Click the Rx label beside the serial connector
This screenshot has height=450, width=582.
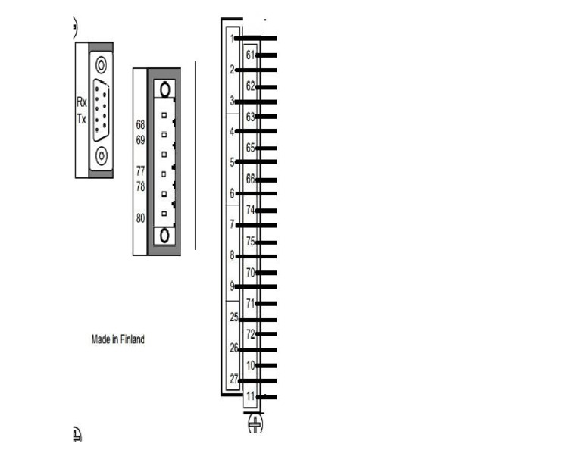click(x=82, y=102)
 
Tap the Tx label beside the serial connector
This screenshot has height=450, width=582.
click(x=81, y=119)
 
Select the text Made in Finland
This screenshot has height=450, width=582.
click(x=117, y=339)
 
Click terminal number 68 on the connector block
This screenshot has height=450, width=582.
click(x=140, y=125)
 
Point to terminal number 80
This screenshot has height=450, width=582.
click(x=140, y=218)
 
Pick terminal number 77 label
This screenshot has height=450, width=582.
click(x=140, y=171)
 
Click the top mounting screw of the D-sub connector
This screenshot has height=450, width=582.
click(x=101, y=65)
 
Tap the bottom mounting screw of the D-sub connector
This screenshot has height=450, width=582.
click(x=102, y=155)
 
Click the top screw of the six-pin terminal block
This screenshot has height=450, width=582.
click(x=164, y=89)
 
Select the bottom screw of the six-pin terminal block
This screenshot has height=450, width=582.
click(x=164, y=236)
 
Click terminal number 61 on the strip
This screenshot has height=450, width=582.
click(x=251, y=55)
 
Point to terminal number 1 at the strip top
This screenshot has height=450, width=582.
click(x=233, y=39)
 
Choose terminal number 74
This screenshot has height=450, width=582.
click(x=251, y=210)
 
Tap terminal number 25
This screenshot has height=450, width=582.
click(x=234, y=317)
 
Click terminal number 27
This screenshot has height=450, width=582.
click(x=234, y=379)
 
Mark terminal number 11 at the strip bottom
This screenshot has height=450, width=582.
click(x=251, y=396)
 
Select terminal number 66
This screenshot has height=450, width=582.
click(x=251, y=180)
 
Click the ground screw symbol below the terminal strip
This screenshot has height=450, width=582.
click(x=255, y=423)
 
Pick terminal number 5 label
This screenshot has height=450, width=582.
click(x=232, y=162)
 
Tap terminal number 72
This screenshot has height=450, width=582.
click(x=251, y=334)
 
